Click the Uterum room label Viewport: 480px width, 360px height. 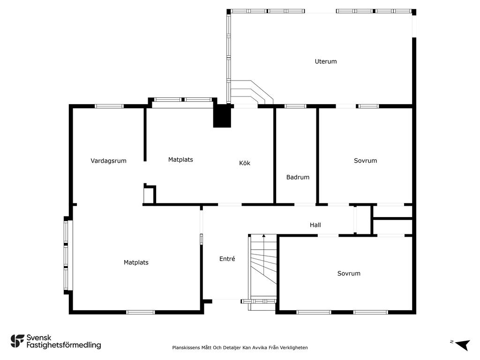tap(326, 61)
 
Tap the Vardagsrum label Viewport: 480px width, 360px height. tap(108, 161)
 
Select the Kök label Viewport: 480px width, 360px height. tap(245, 163)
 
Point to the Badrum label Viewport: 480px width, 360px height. tap(298, 177)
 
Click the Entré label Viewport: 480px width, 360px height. tap(227, 259)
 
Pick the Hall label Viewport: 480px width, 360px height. tap(315, 225)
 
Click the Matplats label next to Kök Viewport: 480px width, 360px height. tap(180, 159)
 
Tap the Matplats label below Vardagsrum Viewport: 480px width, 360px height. tap(136, 262)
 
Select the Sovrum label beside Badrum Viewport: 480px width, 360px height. tap(365, 161)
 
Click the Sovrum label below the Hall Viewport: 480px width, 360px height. tap(349, 273)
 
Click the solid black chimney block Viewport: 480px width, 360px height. tap(222, 116)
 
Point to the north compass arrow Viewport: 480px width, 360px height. tap(463, 345)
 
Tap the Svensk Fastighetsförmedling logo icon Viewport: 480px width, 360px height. tap(17, 341)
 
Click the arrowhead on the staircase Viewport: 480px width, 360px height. tap(263, 236)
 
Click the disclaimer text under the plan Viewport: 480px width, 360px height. tap(240, 347)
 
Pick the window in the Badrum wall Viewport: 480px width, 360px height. tap(295, 106)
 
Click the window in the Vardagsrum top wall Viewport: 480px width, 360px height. tap(109, 106)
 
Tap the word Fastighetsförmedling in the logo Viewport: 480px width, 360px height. tap(64, 345)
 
